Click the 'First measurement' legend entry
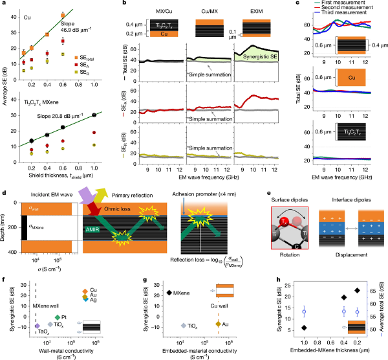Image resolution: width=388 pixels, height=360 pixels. pos(343,4)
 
